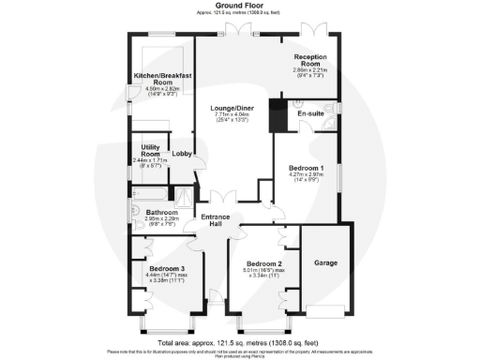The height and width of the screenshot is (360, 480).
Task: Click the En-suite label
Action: point(310,113)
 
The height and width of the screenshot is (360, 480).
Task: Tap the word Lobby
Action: point(182,154)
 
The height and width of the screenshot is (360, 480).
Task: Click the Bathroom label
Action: point(153,213)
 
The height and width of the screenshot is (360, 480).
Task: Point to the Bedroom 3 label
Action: point(168,268)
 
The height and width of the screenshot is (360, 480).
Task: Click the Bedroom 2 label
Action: point(262,263)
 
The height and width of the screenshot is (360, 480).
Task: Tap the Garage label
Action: point(324,262)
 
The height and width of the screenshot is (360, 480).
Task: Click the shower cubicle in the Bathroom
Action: point(185,197)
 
